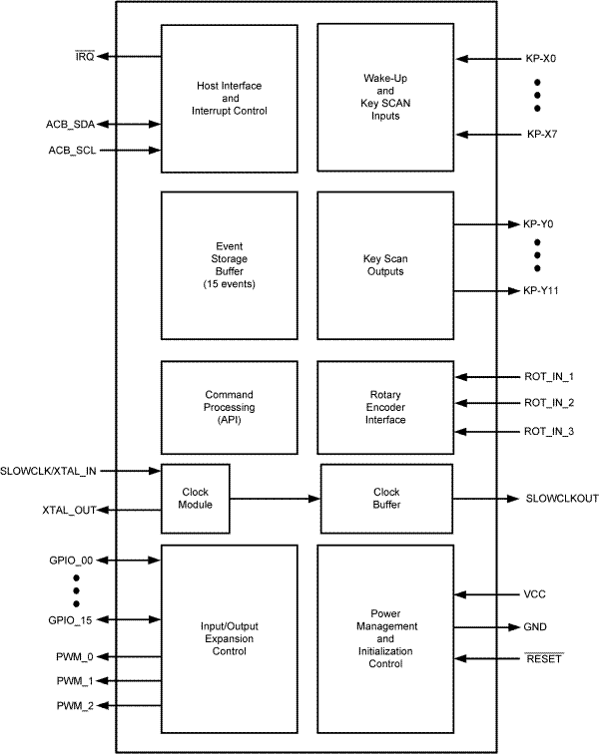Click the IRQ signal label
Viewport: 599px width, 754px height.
pyautogui.click(x=84, y=58)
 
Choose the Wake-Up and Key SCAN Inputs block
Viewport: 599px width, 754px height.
pyautogui.click(x=382, y=99)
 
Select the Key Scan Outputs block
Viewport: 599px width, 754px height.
pyautogui.click(x=382, y=265)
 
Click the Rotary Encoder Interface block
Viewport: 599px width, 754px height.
pyautogui.click(x=382, y=407)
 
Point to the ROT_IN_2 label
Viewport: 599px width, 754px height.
pyautogui.click(x=549, y=404)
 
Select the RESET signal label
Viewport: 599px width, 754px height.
pyautogui.click(x=543, y=659)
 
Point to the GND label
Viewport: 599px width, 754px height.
pyautogui.click(x=535, y=627)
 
